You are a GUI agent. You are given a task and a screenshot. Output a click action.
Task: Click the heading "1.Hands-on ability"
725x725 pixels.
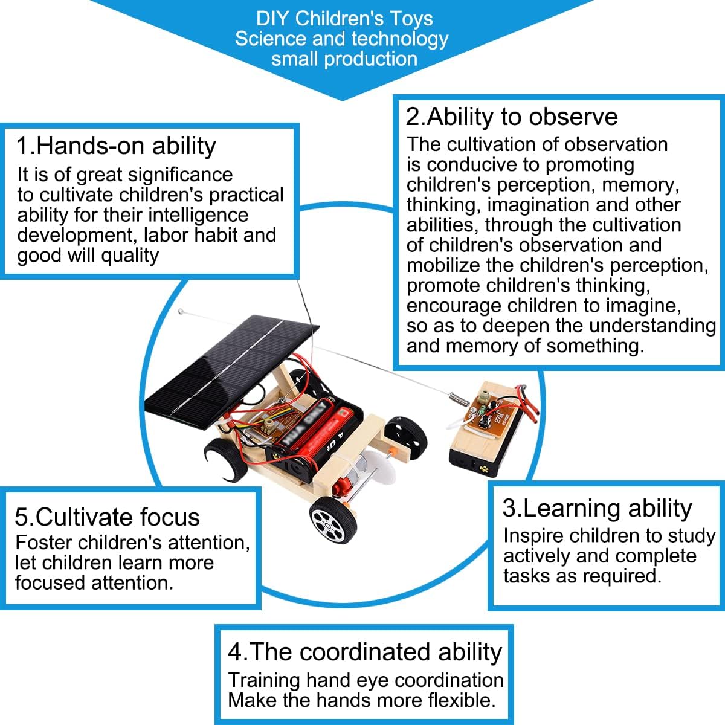click(116, 146)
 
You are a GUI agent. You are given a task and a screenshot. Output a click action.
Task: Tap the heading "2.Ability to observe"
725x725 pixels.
click(512, 117)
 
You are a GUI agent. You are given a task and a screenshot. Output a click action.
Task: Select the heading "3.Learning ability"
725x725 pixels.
click(597, 508)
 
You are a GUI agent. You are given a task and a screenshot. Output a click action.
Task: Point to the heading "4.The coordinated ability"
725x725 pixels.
click(365, 652)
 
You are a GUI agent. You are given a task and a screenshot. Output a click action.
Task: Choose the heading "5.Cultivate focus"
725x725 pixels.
click(107, 517)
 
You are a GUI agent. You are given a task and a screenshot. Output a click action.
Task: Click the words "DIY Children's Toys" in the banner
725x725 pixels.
click(344, 18)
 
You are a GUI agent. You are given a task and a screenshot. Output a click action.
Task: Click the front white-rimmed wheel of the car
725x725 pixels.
click(329, 520)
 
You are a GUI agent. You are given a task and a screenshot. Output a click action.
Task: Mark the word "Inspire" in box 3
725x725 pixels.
click(533, 536)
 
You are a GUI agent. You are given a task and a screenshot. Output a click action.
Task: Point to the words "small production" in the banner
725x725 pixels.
click(344, 59)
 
